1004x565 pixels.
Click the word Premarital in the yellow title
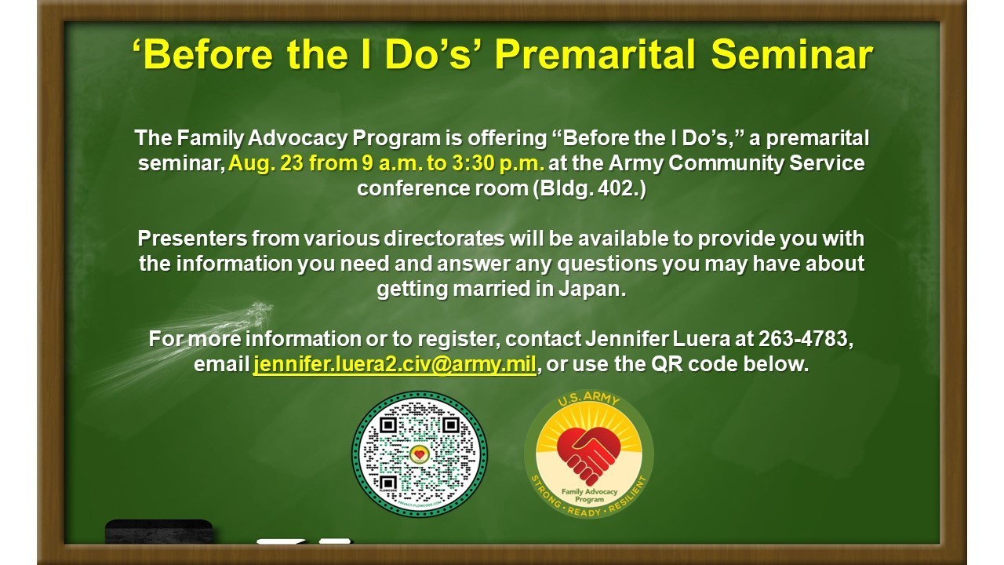tap(595, 55)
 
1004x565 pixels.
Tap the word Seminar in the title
tap(792, 55)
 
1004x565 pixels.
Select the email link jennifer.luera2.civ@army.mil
tap(395, 364)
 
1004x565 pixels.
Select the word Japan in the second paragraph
tap(591, 290)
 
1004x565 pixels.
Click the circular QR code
tap(420, 454)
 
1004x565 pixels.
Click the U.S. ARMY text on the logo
tap(588, 400)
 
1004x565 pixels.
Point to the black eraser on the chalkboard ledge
tap(159, 531)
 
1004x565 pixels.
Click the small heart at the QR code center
tap(419, 454)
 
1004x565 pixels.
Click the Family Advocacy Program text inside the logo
tap(589, 495)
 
